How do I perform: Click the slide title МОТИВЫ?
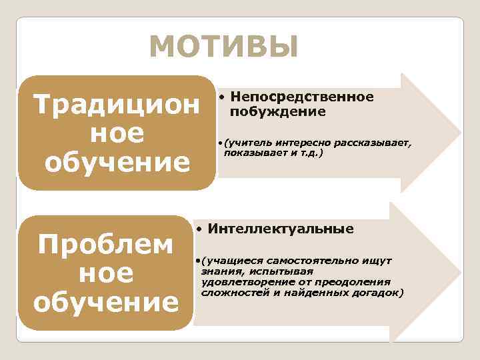223,47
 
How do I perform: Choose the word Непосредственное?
302,97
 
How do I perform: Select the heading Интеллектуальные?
281,229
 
